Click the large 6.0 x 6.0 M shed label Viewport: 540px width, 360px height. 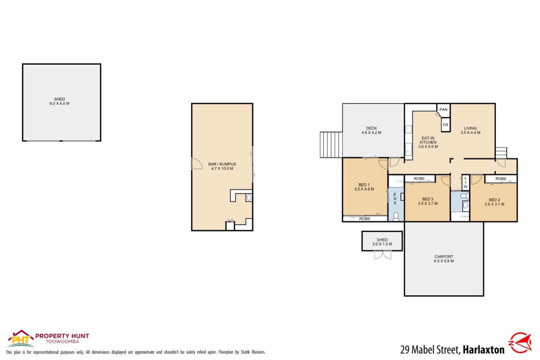[59, 101]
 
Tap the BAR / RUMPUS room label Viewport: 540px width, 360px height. [222, 166]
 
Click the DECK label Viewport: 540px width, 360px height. [371, 130]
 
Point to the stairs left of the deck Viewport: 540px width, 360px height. [331, 144]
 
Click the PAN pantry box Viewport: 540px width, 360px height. [443, 110]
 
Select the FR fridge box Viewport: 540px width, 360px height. [445, 125]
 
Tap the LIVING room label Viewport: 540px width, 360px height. [470, 130]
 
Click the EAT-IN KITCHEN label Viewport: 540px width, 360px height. [428, 142]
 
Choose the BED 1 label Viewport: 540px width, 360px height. [364, 187]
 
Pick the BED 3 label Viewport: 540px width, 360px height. [427, 201]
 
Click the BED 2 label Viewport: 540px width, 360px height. [494, 202]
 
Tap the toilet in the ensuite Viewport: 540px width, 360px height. [396, 216]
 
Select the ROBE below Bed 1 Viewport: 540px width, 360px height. [365, 219]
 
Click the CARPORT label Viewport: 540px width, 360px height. [444, 259]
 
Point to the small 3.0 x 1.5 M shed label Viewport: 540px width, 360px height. [382, 242]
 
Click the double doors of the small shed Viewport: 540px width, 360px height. [382, 255]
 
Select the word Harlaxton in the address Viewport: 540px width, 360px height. [483, 350]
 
